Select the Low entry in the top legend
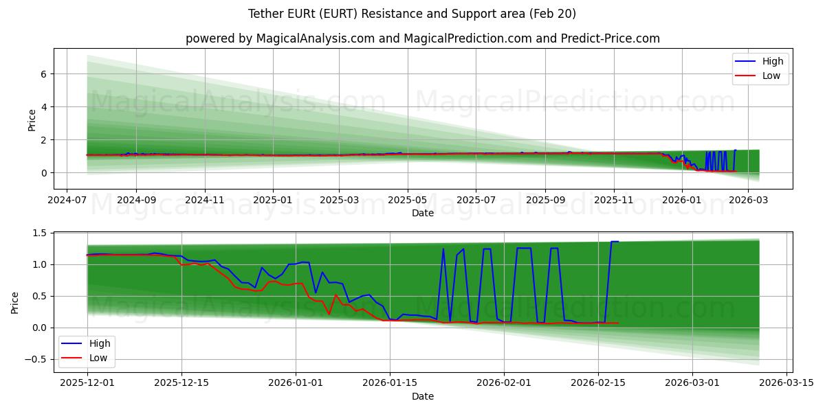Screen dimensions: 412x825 coord(771,76)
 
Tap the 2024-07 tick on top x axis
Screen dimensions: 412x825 coord(66,200)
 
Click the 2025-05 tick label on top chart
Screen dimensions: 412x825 coord(408,200)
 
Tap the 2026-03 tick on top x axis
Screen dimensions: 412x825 coord(748,200)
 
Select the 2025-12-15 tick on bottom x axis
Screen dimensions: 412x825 coord(181,383)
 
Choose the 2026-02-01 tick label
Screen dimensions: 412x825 coord(504,383)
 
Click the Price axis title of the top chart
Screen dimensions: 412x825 coord(32,120)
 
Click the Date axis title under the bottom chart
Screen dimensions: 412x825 coord(423,396)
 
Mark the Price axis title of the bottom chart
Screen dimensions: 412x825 coord(15,303)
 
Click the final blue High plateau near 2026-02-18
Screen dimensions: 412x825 coord(614,241)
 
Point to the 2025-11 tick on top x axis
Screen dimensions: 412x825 coord(613,200)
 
